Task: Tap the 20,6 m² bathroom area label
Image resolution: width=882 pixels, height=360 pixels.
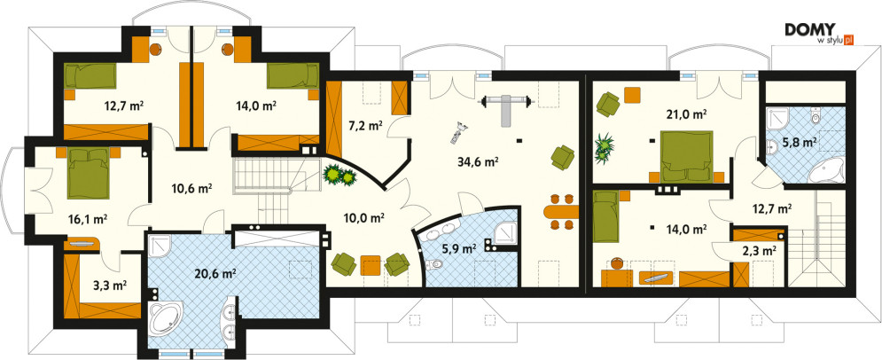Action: click(216, 274)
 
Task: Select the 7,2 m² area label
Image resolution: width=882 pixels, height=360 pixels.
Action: click(367, 125)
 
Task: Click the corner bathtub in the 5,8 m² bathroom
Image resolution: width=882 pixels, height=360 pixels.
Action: click(827, 169)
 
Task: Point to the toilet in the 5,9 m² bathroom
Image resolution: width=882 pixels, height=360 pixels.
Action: click(433, 262)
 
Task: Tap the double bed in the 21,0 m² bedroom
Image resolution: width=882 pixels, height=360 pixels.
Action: click(686, 156)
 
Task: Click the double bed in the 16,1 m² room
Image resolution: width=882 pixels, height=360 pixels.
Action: click(87, 173)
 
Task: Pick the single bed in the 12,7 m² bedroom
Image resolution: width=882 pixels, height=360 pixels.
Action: click(90, 76)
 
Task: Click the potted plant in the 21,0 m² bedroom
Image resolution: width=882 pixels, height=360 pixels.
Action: click(604, 147)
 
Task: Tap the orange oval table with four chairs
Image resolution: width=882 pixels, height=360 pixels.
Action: click(561, 211)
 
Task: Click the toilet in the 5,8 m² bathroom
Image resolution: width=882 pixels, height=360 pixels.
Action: click(816, 118)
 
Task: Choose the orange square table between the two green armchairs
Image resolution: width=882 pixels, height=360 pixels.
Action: click(371, 265)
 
